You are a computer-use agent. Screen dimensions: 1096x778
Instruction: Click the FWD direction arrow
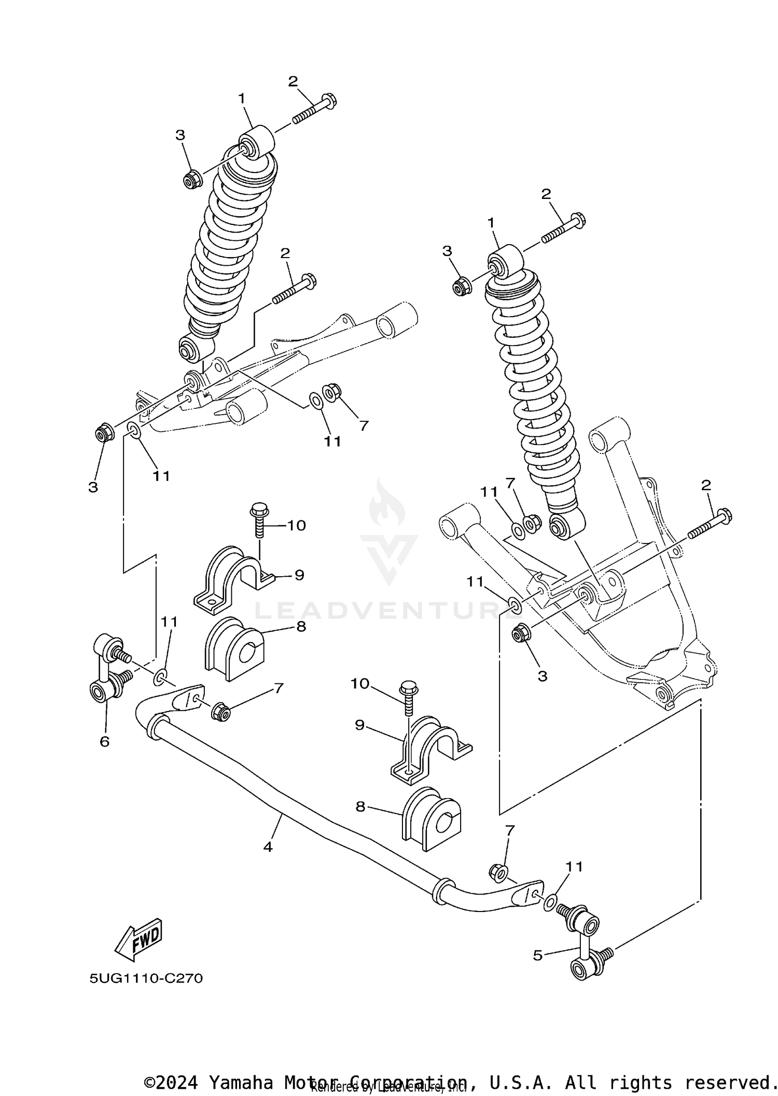138,938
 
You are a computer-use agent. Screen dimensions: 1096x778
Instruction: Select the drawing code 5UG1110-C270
146,978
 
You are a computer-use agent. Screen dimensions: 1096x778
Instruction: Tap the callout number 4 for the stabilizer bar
268,847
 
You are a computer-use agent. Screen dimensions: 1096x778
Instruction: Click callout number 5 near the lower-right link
538,955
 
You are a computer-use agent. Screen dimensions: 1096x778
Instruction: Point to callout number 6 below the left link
104,742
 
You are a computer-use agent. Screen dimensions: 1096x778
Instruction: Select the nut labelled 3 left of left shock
192,179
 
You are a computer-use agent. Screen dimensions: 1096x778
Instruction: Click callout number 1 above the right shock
491,223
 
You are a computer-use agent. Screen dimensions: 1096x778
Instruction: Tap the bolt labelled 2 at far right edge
710,524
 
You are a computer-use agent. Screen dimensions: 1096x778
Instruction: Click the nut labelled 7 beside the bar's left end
220,711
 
